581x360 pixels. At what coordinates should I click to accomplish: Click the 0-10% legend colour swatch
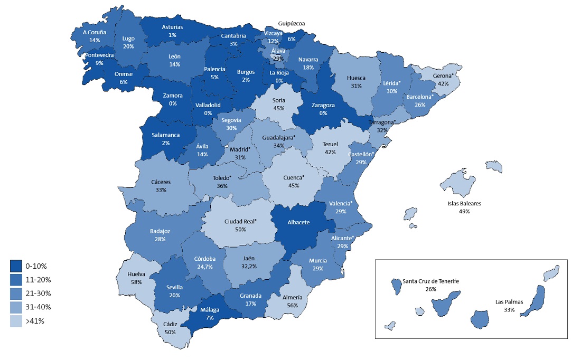(x=16, y=266)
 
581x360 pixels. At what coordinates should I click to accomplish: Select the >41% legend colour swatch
(x=16, y=321)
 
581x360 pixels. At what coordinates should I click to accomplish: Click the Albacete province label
(x=298, y=222)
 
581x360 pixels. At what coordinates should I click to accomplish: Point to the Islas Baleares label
(x=464, y=203)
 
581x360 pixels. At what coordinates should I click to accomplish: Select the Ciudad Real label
(x=240, y=221)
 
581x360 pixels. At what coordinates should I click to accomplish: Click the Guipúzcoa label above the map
(x=292, y=23)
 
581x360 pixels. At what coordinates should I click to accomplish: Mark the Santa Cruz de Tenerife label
(x=430, y=281)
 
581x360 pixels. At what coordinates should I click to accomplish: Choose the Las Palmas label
(x=509, y=302)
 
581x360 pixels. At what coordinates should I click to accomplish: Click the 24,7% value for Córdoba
(x=204, y=267)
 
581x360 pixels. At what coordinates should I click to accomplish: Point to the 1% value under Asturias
(x=172, y=35)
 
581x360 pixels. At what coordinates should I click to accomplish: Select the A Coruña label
(x=95, y=32)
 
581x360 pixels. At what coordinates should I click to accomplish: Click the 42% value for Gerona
(x=443, y=83)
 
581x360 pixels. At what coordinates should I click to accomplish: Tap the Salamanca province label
(x=165, y=135)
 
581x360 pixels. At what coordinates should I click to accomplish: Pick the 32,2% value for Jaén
(x=249, y=267)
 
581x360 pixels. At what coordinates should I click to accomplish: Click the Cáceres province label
(x=161, y=182)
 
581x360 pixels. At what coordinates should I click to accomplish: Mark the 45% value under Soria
(x=278, y=108)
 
